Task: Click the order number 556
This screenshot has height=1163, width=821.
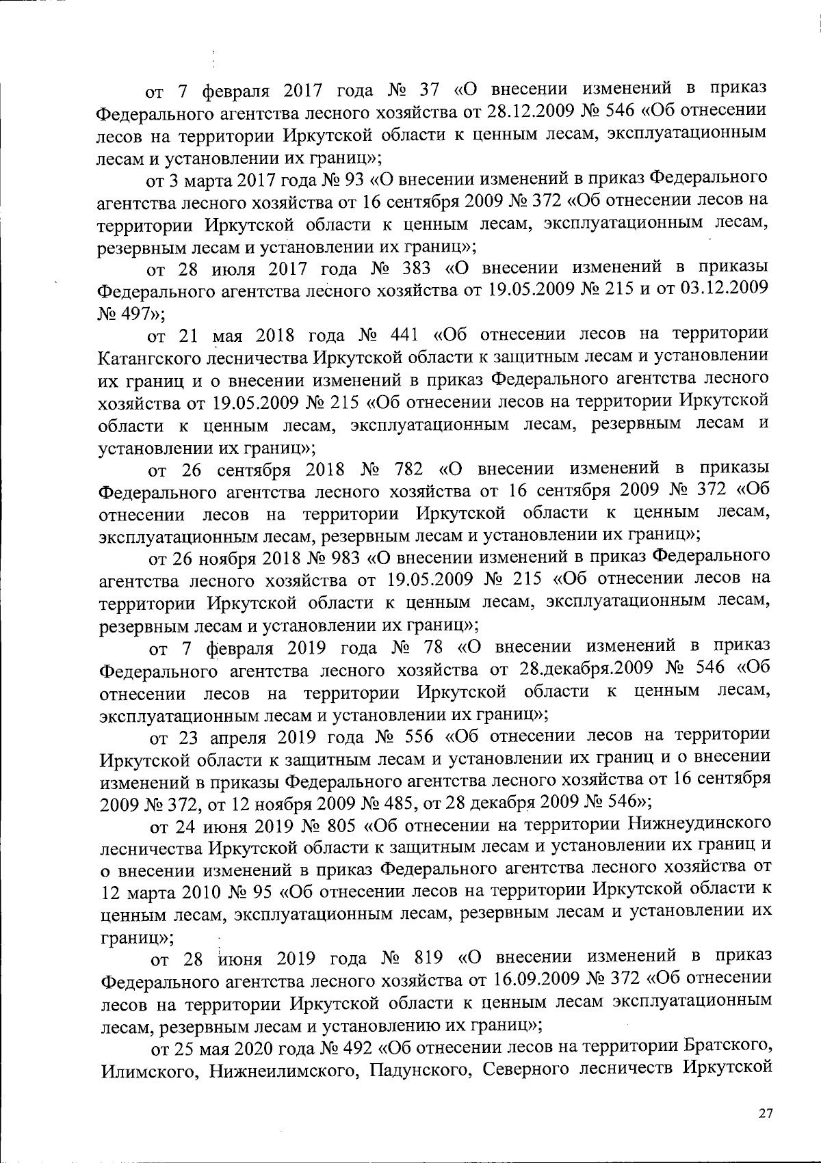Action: [419, 736]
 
